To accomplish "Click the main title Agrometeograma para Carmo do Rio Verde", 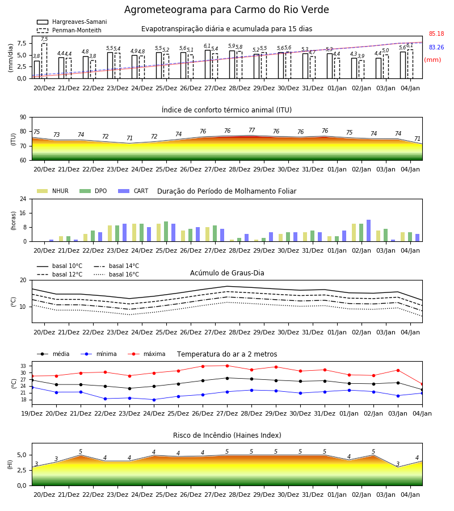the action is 226,10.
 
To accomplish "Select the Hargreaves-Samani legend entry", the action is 72,22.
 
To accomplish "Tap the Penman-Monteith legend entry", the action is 69,30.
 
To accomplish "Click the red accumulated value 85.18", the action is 436,33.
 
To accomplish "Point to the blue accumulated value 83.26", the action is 436,47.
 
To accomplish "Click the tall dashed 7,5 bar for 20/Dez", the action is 44,61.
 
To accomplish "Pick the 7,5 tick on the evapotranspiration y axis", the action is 22,43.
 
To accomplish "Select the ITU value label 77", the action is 252,131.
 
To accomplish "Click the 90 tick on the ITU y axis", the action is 23,118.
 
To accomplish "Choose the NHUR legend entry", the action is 53,191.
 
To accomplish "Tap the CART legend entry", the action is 133,191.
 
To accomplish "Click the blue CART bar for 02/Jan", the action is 369,231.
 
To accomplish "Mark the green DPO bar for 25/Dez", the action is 166,232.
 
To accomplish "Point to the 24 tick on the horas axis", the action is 23,199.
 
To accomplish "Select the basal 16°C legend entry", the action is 116,274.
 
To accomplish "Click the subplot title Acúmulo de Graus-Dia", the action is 227,273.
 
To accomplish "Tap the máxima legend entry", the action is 146,354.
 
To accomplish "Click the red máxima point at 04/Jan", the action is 422,384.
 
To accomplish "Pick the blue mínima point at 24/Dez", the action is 154,400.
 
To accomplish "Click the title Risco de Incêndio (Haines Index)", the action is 227,435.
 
